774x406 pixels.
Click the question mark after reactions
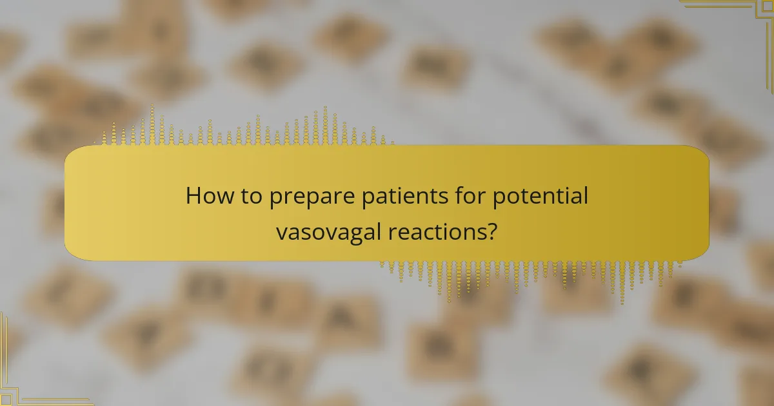point(493,231)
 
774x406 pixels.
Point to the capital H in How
point(193,196)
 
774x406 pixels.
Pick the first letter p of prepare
point(277,198)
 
